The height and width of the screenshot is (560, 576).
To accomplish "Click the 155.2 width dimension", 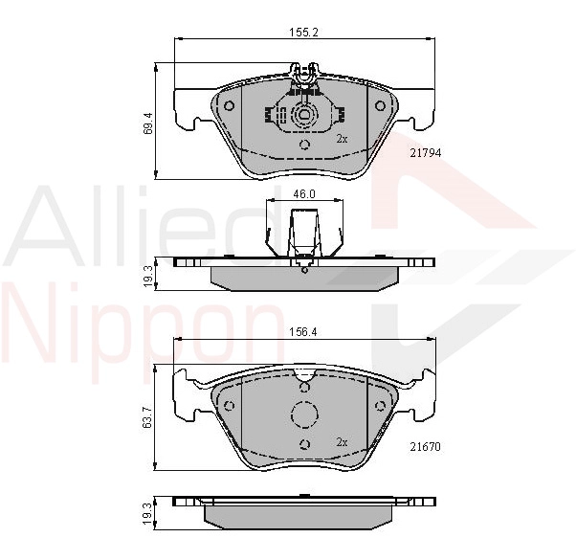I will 303,32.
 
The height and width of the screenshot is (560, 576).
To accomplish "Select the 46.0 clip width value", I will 303,194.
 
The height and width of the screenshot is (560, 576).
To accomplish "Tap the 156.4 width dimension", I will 303,335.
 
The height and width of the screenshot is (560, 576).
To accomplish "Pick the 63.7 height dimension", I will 146,417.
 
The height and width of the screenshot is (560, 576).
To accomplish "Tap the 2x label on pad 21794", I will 342,139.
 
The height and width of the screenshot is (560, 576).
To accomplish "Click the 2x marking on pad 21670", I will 342,441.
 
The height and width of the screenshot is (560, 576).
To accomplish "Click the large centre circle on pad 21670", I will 304,416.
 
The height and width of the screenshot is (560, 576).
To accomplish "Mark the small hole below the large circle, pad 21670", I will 304,444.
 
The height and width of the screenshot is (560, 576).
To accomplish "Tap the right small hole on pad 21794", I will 380,105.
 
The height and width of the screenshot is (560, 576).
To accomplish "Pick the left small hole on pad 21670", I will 230,405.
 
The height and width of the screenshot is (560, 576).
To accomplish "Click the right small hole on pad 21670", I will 380,405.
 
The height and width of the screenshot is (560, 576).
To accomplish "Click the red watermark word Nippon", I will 144,321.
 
